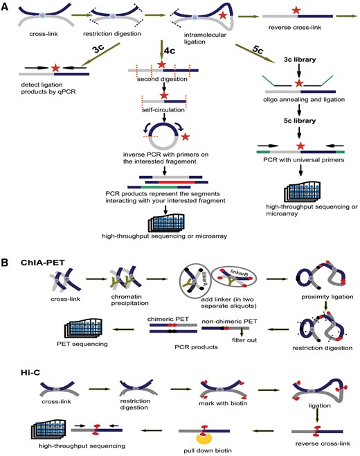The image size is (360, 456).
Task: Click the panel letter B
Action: coord(7,246)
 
